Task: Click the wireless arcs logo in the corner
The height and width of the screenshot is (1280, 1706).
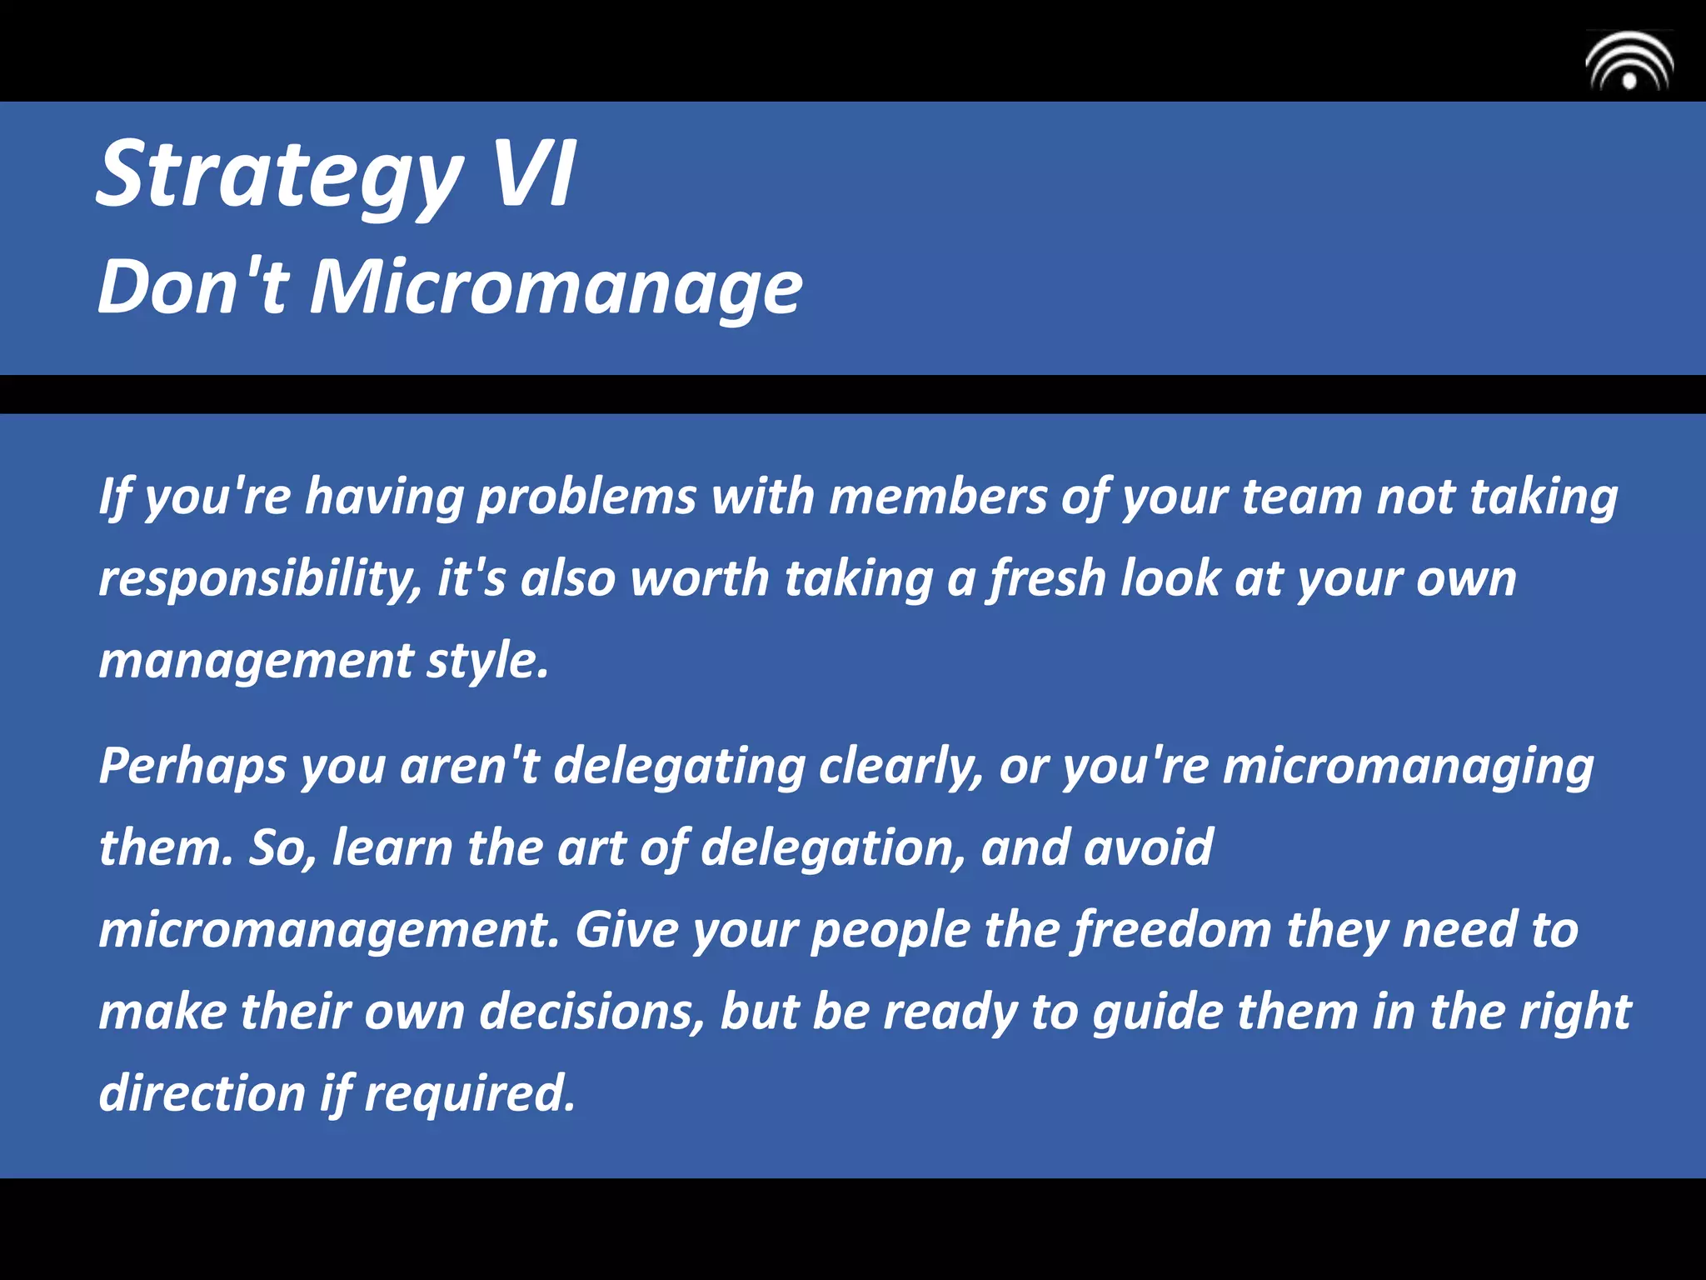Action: point(1629,62)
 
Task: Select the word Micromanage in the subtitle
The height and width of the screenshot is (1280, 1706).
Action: point(556,287)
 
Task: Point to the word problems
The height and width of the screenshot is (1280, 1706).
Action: point(586,497)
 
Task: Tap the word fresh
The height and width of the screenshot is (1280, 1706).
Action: point(1046,579)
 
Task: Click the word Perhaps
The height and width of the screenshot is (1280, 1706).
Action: point(192,767)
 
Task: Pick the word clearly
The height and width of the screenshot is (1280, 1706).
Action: point(900,767)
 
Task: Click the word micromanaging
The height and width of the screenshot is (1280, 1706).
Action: point(1408,767)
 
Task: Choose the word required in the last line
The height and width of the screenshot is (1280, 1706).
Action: point(469,1094)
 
